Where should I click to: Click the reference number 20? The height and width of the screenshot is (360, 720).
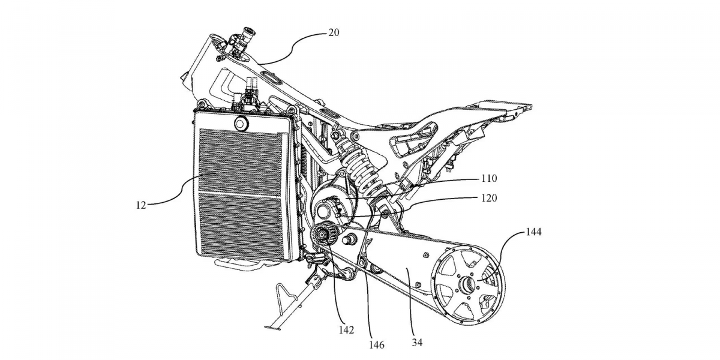[x=334, y=32]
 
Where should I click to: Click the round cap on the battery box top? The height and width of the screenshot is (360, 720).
[x=241, y=124]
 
